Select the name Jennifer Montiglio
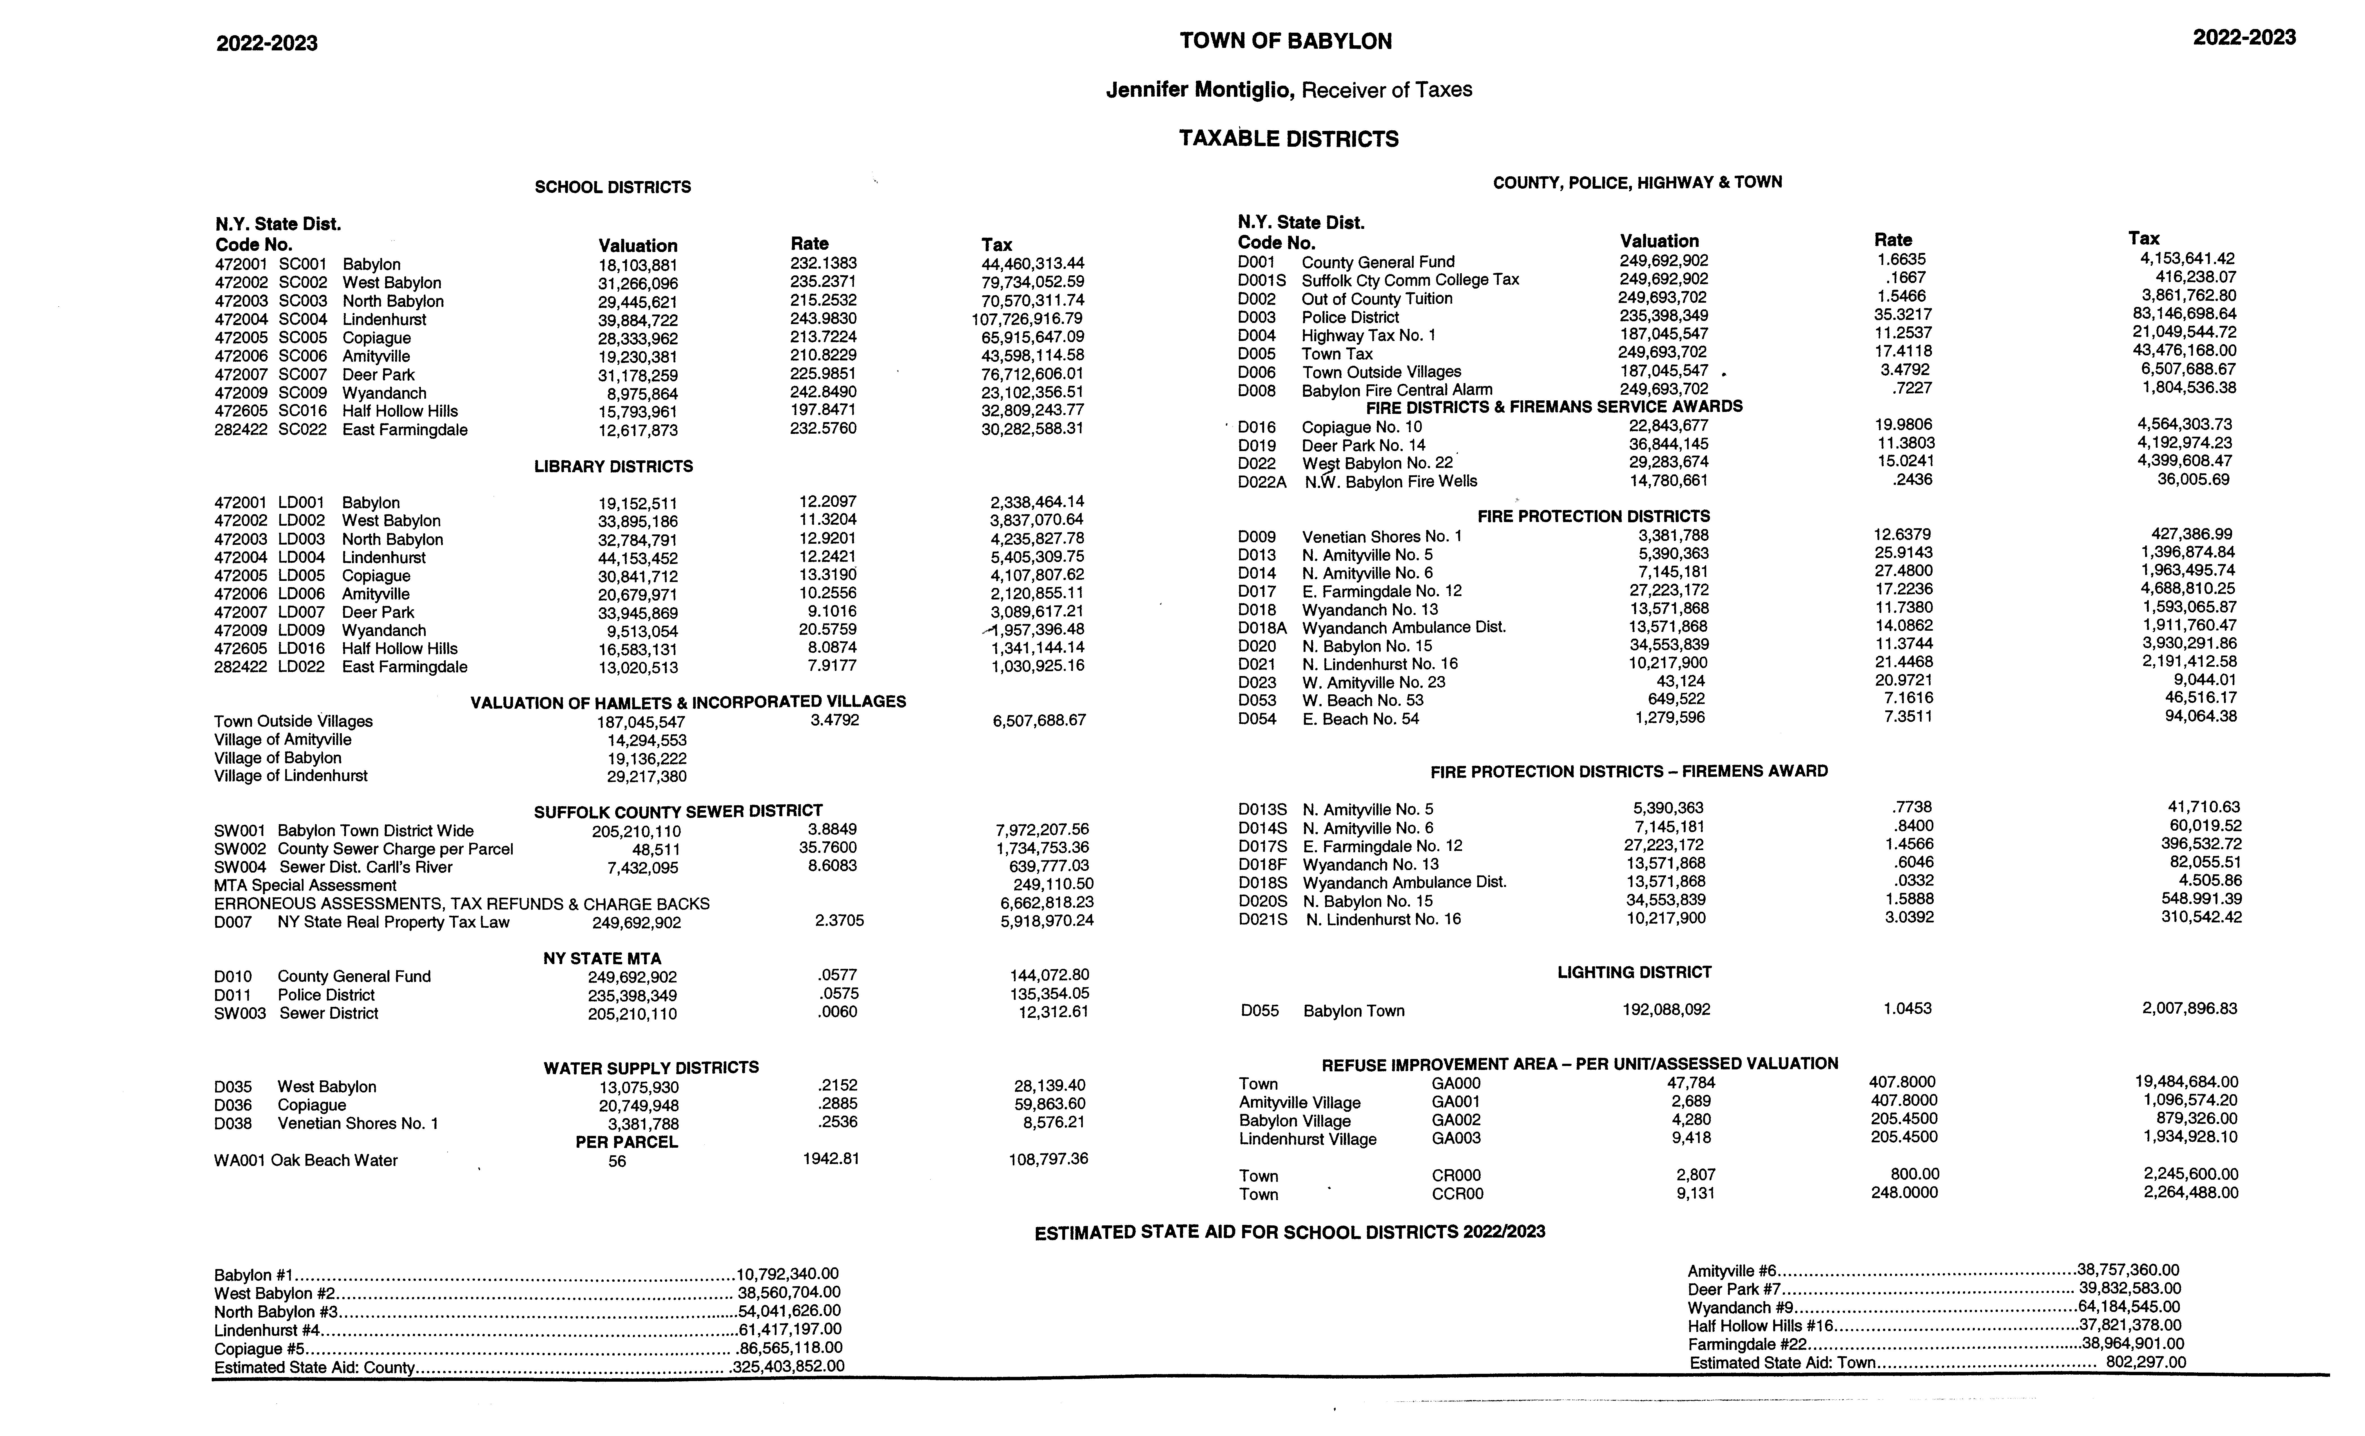tap(1200, 90)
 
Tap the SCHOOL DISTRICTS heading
tap(612, 187)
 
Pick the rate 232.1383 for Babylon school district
tap(824, 263)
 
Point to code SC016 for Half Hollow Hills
tap(302, 411)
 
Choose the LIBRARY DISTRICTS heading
tap(613, 467)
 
